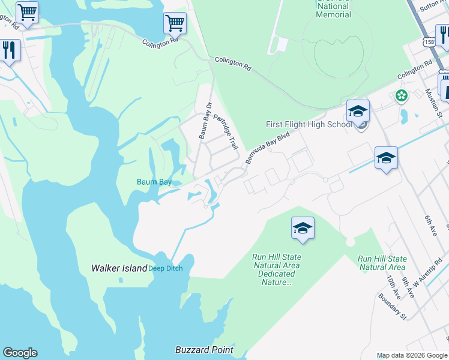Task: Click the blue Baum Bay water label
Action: click(x=154, y=182)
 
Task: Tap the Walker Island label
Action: click(x=119, y=268)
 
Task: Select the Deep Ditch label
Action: click(x=165, y=269)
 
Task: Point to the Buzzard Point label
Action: click(x=204, y=350)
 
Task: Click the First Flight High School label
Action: click(x=309, y=124)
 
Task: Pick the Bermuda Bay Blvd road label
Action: click(x=267, y=148)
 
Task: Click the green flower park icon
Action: click(x=401, y=95)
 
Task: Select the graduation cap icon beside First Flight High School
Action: click(x=358, y=111)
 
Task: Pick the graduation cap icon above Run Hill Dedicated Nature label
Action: click(x=303, y=228)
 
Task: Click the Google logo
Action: click(x=20, y=353)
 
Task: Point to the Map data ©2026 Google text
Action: click(x=412, y=355)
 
